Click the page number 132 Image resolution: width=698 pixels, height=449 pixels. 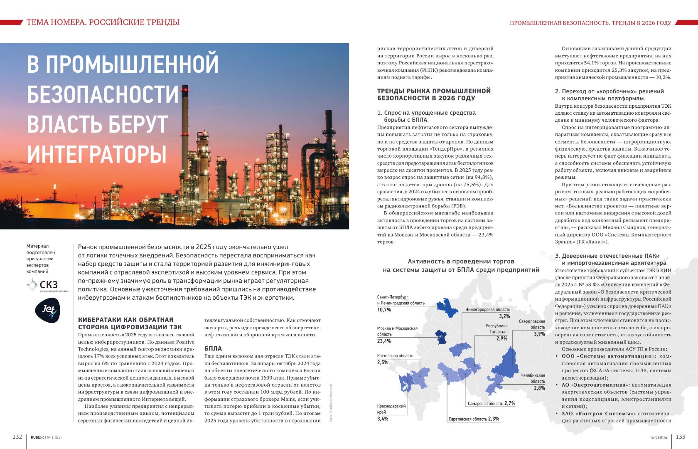(17, 437)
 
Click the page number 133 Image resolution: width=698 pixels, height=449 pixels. (680, 437)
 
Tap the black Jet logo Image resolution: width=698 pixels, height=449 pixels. (47, 310)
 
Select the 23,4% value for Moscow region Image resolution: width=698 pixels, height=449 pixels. (384, 341)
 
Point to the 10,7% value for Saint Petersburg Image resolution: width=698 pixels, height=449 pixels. (384, 310)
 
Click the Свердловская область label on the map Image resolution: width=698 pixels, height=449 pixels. (532, 324)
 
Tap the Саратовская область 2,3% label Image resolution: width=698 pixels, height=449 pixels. (474, 419)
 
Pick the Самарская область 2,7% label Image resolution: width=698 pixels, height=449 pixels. (492, 404)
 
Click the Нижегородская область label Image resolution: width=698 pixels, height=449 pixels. (487, 310)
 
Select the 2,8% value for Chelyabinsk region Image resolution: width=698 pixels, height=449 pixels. (539, 388)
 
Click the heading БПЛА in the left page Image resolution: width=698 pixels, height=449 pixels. (213, 349)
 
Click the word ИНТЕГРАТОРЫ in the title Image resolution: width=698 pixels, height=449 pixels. (97, 154)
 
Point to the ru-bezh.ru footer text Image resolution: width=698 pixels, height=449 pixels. (659, 437)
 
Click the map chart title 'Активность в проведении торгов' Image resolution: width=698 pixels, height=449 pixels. (461, 262)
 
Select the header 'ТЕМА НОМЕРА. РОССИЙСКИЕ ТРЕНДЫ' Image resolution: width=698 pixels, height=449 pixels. (103, 22)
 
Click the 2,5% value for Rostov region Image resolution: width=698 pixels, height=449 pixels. (383, 363)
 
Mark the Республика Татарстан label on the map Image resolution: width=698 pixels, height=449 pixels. (496, 329)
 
